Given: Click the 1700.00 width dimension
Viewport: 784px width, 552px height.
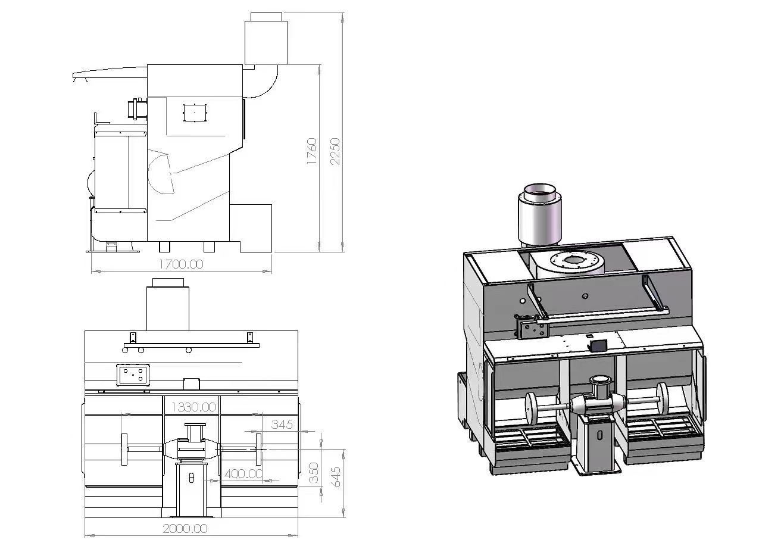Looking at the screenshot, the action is coord(182,264).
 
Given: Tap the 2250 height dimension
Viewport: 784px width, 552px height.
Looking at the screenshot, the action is coord(335,151).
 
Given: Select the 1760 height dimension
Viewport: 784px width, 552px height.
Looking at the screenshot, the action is coord(311,151).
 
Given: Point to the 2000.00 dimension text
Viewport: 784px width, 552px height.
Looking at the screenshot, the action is coord(185,528).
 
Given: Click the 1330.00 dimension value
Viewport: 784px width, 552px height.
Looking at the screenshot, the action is coord(193,407).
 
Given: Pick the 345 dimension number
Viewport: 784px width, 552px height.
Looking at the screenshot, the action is coord(282,424).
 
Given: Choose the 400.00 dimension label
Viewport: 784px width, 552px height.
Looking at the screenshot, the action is coord(243,474).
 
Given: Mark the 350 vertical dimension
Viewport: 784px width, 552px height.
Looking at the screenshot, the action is coord(314,473).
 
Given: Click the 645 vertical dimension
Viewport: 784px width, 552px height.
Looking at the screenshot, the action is coord(335,477).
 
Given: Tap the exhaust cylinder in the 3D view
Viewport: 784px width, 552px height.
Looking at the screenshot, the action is coord(540,214).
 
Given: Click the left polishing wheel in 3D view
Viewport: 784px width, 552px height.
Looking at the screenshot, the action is coord(533,407).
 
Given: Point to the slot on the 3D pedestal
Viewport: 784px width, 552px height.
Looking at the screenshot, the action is coord(600,435).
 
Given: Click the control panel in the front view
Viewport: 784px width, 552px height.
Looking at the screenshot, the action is coord(133,375).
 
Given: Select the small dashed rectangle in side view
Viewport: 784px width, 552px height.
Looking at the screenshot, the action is coord(195,113).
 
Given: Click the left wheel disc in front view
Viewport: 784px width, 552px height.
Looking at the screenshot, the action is coord(124,450).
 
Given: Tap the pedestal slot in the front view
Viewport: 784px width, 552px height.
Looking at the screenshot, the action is coord(191,478).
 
